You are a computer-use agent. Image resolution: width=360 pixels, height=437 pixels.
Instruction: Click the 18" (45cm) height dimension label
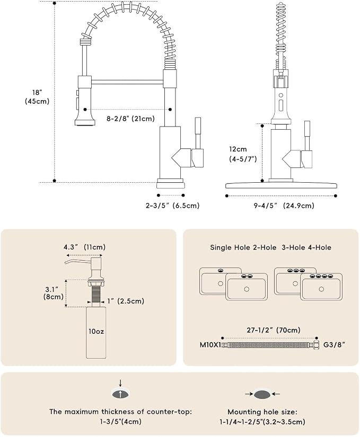click(37, 97)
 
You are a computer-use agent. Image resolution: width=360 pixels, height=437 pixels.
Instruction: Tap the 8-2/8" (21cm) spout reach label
click(130, 119)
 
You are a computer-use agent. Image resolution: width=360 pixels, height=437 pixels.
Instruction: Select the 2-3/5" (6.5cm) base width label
click(173, 206)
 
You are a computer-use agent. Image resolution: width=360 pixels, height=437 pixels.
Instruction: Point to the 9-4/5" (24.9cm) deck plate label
click(284, 206)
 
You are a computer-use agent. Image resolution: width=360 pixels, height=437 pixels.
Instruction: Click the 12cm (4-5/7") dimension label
click(243, 154)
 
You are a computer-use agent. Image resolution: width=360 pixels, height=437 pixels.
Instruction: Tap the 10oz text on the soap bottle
click(96, 332)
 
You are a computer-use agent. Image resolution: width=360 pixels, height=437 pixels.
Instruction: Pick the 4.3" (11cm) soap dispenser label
click(84, 247)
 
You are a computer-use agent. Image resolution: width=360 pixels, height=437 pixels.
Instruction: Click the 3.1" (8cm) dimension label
click(53, 293)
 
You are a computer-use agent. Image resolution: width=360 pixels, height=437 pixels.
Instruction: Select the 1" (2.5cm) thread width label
click(126, 301)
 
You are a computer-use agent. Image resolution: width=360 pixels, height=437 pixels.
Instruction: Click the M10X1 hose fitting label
click(210, 345)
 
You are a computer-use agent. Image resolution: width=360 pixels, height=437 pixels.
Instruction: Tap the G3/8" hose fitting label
click(334, 345)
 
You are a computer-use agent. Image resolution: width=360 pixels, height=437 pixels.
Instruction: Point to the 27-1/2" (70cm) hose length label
click(274, 330)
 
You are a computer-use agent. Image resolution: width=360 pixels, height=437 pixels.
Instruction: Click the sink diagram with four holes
click(321, 287)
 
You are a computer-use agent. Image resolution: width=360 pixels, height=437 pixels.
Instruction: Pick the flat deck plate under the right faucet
click(281, 185)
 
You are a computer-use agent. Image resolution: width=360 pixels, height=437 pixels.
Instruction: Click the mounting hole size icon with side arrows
click(262, 394)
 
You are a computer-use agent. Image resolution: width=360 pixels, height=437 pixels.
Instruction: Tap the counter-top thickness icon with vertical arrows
click(120, 392)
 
